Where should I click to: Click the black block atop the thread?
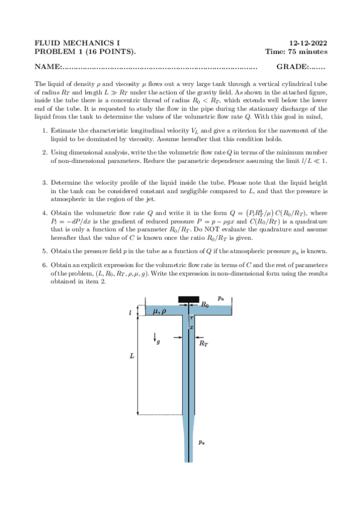(189, 300)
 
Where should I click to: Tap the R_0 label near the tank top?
(205, 305)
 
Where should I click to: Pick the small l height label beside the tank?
(130, 313)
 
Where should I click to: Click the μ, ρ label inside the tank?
(160, 311)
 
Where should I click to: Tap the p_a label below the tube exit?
(203, 441)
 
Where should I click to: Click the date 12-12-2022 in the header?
(308, 43)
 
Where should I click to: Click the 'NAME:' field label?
(48, 66)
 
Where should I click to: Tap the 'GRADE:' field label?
(293, 66)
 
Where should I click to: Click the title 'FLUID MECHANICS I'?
(78, 43)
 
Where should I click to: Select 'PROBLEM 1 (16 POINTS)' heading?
(85, 52)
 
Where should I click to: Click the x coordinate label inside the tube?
(191, 327)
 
